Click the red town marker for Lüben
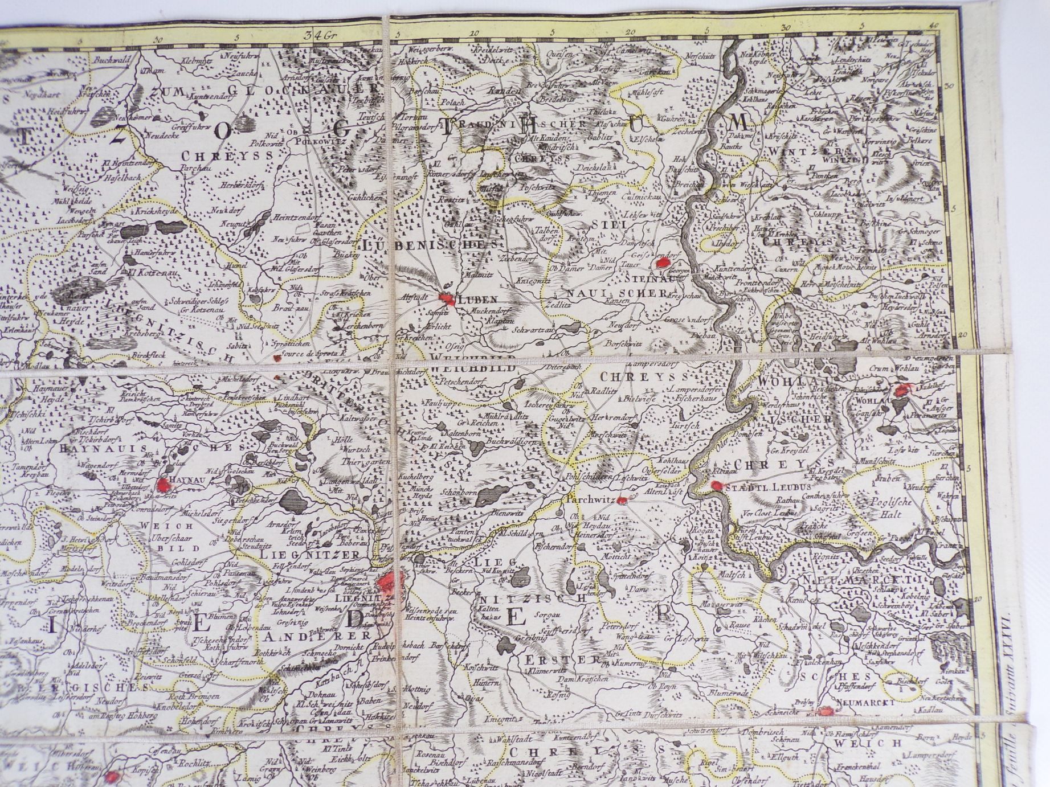pyautogui.click(x=446, y=298)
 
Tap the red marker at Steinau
pyautogui.click(x=664, y=263)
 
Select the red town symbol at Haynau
pyautogui.click(x=164, y=485)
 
